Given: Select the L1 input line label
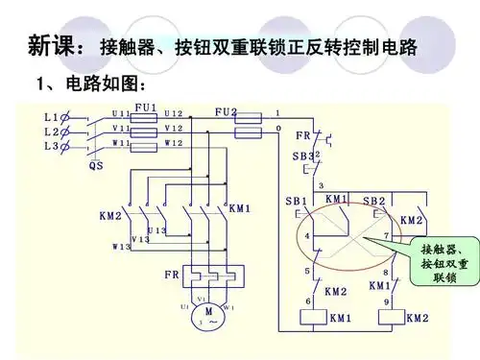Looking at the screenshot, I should (52, 116).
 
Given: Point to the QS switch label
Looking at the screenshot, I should (96, 165).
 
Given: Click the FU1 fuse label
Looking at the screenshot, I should (145, 108).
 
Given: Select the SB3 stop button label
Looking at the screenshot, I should (302, 156).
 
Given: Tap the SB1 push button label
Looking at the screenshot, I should (296, 202).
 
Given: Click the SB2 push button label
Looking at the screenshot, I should (373, 202).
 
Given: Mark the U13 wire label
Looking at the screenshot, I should (156, 230).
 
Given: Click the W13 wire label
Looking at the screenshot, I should (120, 247).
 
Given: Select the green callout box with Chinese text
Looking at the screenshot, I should (444, 262).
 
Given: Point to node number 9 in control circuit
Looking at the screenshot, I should (386, 301).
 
